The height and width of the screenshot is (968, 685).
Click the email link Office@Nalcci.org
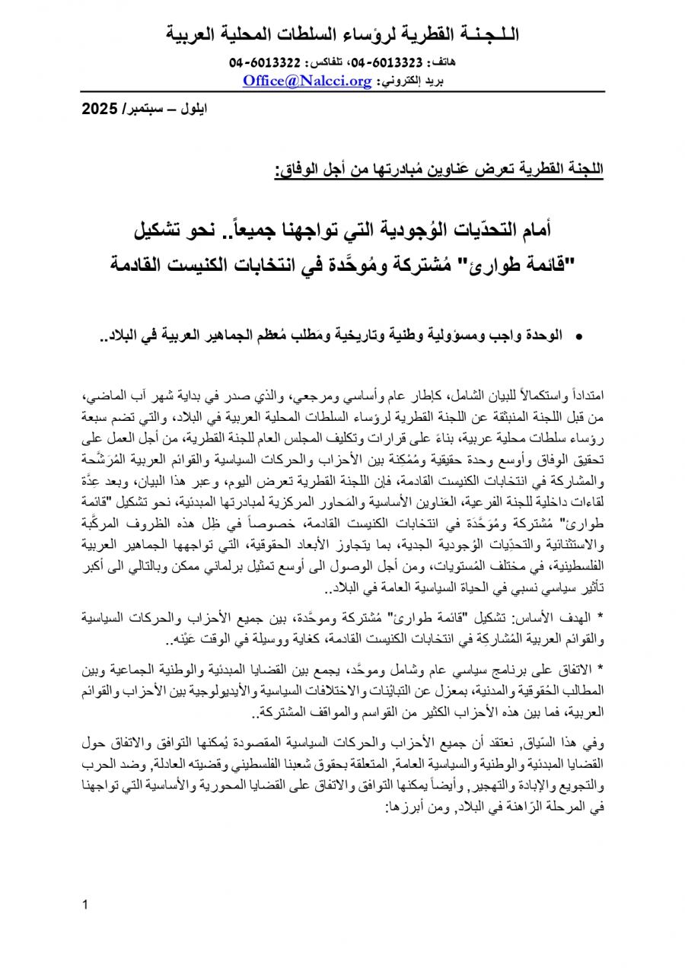307,79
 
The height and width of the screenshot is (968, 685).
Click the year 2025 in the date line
98,109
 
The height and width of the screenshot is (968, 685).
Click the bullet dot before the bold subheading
580,336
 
